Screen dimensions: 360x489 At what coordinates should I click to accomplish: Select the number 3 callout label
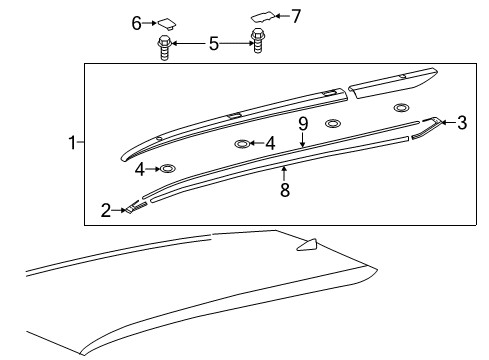461,124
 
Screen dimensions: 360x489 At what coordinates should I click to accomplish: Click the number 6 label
137,22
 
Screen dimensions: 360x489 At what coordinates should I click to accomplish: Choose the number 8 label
285,189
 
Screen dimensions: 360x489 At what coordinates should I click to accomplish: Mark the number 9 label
302,124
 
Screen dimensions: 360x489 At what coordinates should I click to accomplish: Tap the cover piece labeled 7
263,15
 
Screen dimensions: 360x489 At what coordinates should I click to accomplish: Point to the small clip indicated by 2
135,207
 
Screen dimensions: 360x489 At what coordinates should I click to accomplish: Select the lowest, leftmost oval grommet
168,168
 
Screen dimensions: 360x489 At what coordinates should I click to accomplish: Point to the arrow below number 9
302,141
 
